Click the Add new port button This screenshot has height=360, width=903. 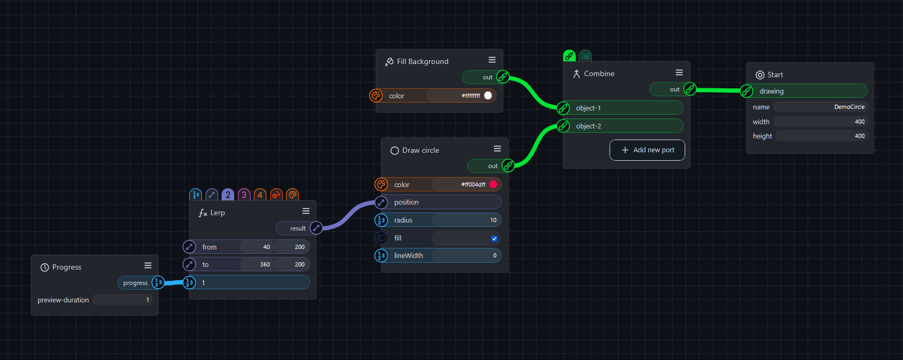[x=647, y=150]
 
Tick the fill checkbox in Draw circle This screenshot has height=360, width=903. [x=494, y=238]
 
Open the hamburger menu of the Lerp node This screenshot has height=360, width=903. [x=306, y=211]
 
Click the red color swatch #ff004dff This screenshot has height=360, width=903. [x=493, y=184]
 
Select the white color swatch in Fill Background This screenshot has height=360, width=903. [x=488, y=96]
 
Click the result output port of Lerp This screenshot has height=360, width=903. [x=316, y=228]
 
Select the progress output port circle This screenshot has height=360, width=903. [x=158, y=282]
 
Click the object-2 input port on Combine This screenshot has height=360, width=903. [x=564, y=126]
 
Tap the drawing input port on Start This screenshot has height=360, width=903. [x=747, y=91]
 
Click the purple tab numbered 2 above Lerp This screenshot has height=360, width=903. [x=228, y=195]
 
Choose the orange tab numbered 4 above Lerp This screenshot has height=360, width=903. [x=260, y=195]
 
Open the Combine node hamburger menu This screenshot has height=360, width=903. [x=679, y=72]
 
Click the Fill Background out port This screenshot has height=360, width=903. [x=503, y=77]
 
